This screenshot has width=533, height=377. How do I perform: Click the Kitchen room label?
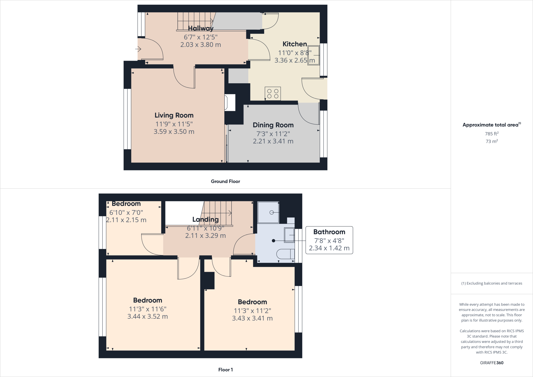[295, 44]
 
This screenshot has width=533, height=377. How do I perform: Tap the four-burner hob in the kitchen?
[273, 94]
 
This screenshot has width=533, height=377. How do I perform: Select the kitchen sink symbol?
[314, 55]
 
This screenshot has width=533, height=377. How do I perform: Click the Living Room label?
[174, 115]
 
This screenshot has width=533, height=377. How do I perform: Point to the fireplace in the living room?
[230, 103]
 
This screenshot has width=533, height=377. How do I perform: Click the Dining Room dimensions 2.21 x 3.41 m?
[273, 141]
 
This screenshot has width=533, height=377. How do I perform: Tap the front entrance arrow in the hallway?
[138, 49]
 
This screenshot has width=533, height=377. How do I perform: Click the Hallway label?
[201, 28]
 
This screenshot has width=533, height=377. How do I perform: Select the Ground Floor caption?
[225, 181]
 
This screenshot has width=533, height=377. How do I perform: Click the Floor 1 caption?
[225, 370]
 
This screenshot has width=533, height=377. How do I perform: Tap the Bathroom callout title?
[329, 232]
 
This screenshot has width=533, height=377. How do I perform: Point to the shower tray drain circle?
[271, 212]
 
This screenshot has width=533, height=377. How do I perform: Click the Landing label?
[205, 219]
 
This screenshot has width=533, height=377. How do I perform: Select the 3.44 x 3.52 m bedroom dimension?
[147, 317]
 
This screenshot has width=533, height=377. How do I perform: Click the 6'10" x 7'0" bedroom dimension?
[126, 212]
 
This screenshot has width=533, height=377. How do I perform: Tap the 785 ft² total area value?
[491, 134]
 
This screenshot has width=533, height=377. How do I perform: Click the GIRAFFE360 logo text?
[492, 363]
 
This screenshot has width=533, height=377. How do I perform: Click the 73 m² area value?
[491, 141]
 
